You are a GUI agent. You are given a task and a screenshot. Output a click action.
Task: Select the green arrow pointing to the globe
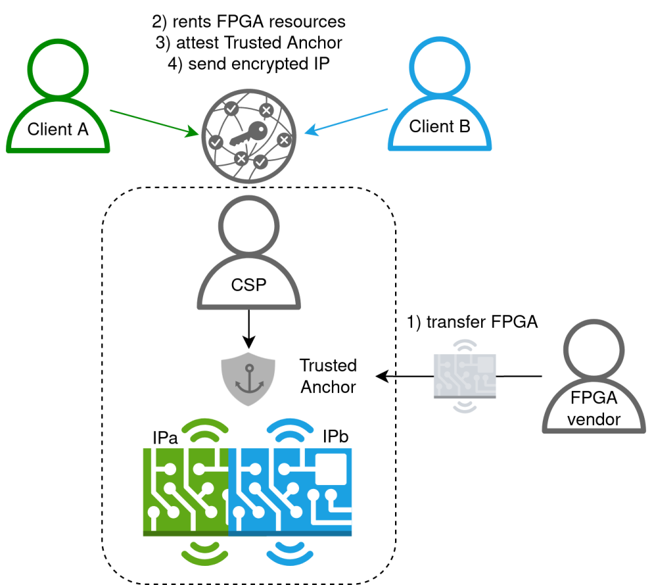click(154, 123)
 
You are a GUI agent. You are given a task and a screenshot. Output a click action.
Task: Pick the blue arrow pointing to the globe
click(346, 121)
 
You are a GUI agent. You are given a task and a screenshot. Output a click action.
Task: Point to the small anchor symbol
click(249, 379)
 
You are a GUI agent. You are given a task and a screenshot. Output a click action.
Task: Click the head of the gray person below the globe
click(248, 226)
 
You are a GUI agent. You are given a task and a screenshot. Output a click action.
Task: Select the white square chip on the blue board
click(331, 469)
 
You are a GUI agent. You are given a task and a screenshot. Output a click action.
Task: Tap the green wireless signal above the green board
click(204, 429)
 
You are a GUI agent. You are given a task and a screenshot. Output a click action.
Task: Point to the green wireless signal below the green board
click(204, 553)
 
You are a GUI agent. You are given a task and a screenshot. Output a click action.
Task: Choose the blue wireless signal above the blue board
click(290, 429)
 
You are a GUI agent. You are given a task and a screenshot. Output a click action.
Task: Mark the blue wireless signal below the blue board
click(290, 553)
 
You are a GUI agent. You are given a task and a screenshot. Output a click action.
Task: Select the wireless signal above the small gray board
click(465, 346)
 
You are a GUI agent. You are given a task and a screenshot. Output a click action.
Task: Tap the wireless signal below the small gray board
click(465, 406)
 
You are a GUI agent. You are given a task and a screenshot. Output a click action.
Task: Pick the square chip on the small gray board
click(485, 364)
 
